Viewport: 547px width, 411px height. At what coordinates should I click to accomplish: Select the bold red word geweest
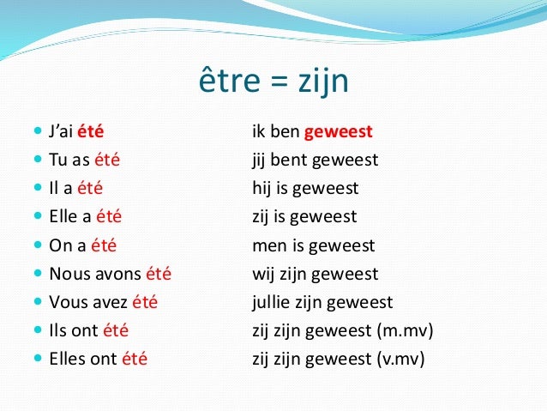(x=339, y=132)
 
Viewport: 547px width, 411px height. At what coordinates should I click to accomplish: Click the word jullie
(x=272, y=302)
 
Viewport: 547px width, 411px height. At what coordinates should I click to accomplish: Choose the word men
(x=267, y=245)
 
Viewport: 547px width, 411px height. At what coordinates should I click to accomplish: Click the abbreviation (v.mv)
(x=400, y=359)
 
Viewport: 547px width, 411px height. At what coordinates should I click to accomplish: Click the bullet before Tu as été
(x=36, y=160)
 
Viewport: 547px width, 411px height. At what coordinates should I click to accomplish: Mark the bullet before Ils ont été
(x=36, y=330)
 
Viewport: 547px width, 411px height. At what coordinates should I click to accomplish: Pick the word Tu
(x=58, y=160)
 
